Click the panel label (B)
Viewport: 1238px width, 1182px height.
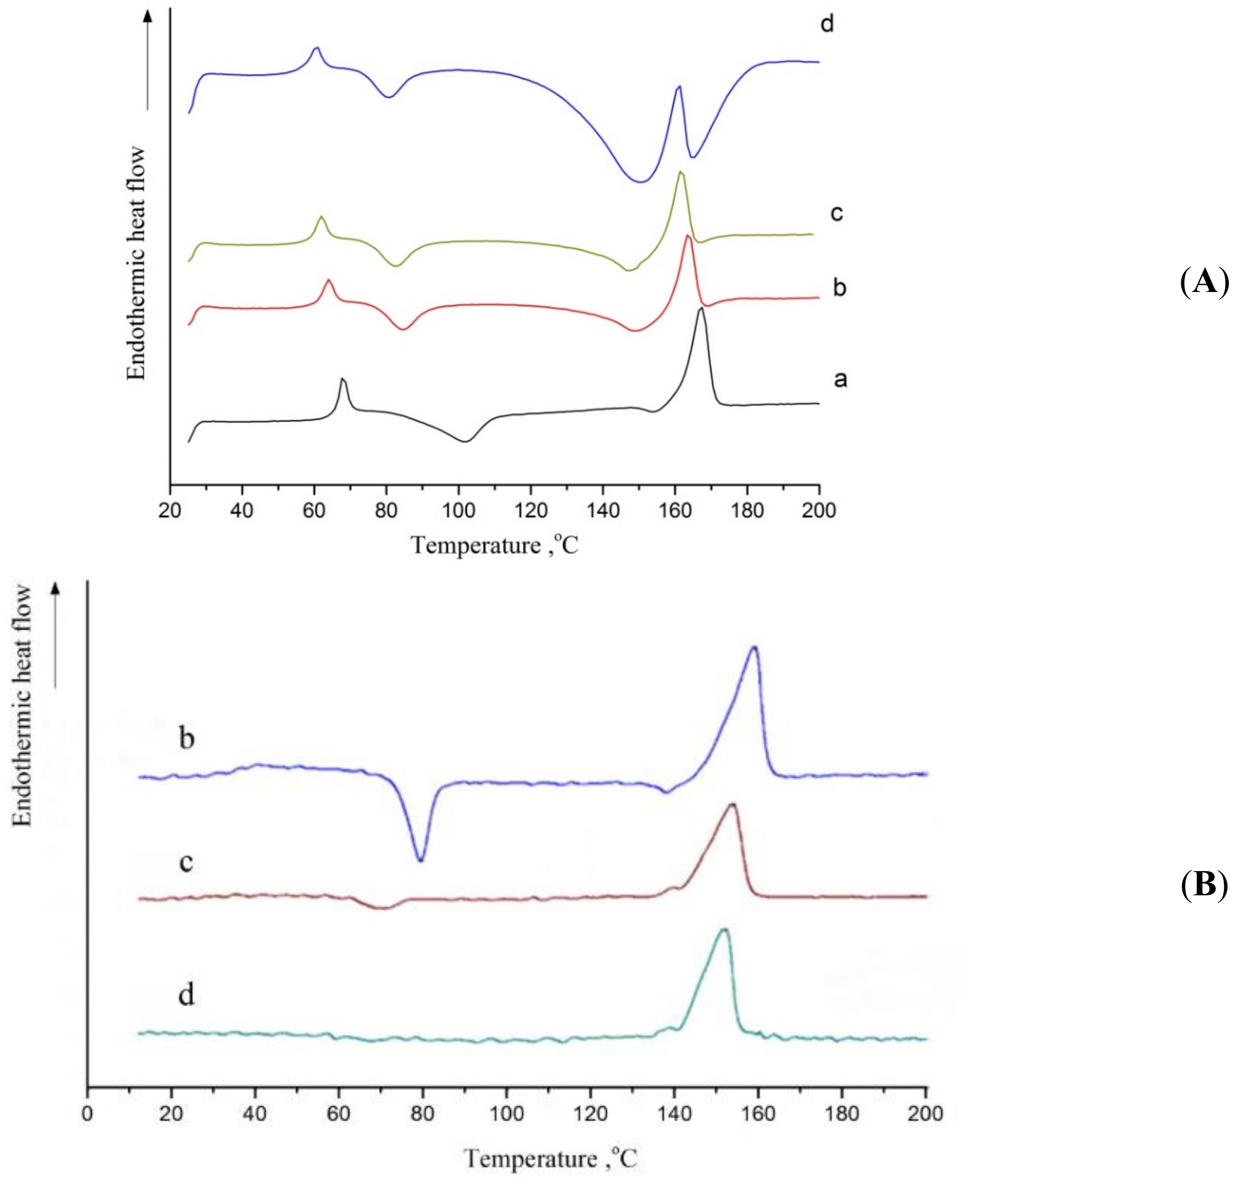point(1203,885)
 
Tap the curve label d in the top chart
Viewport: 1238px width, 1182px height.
point(827,24)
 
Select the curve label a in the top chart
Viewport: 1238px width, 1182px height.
point(840,379)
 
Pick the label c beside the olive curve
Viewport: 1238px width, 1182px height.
point(836,213)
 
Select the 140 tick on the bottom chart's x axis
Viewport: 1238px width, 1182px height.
point(674,1113)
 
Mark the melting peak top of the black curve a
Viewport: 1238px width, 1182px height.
point(701,309)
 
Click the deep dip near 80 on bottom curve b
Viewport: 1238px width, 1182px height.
point(421,860)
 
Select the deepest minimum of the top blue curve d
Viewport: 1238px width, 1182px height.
point(640,182)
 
